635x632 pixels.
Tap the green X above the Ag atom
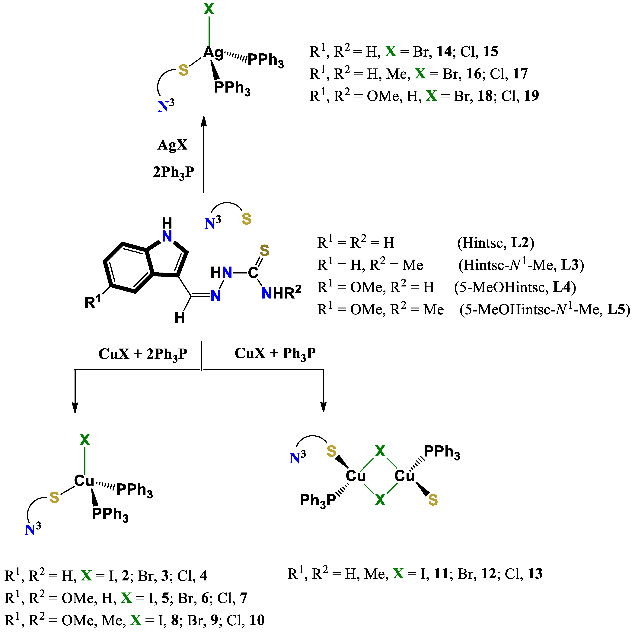click(x=209, y=9)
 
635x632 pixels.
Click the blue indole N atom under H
click(x=167, y=236)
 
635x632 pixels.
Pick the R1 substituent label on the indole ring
click(x=92, y=301)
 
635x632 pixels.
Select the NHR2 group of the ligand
click(x=281, y=292)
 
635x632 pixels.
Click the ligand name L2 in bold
click(x=520, y=242)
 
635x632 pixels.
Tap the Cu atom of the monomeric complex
click(x=84, y=481)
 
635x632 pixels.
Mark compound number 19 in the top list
click(x=531, y=96)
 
